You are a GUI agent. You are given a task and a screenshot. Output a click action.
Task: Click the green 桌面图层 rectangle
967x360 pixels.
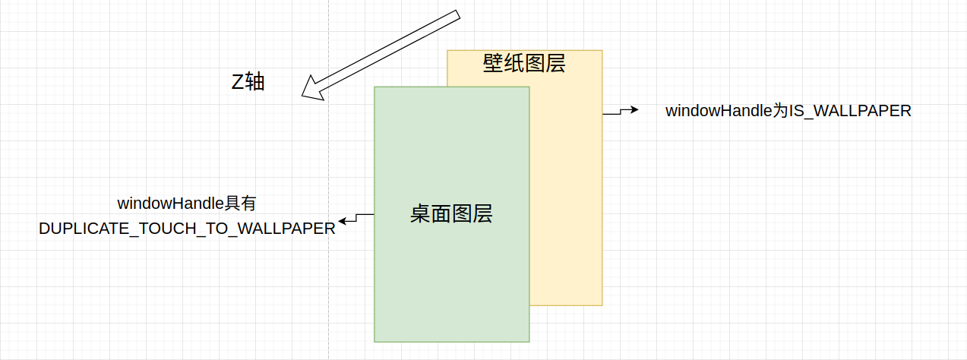pos(451,281)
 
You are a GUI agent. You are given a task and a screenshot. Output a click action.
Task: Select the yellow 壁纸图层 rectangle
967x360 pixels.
pos(566,190)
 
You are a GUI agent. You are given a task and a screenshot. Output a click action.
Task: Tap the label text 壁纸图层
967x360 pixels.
pos(524,63)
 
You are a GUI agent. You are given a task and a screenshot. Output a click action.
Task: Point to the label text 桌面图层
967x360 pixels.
pos(451,214)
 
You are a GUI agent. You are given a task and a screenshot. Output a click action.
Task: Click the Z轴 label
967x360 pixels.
pos(248,82)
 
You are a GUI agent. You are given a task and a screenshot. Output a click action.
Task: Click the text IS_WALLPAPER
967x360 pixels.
pos(850,111)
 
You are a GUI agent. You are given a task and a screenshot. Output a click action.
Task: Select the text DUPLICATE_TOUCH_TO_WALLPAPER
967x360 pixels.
pos(187,229)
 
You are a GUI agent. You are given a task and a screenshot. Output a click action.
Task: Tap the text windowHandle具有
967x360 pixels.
pos(187,204)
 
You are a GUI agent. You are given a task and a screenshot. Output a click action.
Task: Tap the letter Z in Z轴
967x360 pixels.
pos(238,82)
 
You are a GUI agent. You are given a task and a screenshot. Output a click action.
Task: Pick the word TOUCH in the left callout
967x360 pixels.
pos(151,229)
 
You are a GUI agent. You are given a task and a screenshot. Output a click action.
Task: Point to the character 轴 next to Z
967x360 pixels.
pos(255,82)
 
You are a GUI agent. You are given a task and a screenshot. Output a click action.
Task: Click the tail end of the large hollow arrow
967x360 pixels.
pos(457,17)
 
